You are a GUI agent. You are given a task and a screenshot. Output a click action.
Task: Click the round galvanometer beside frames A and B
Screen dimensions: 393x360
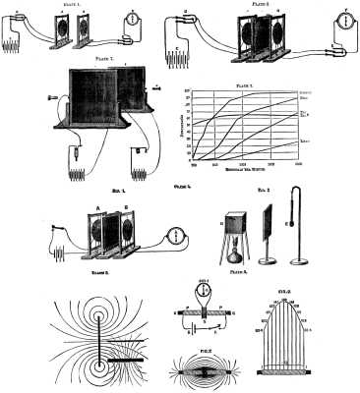175,236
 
